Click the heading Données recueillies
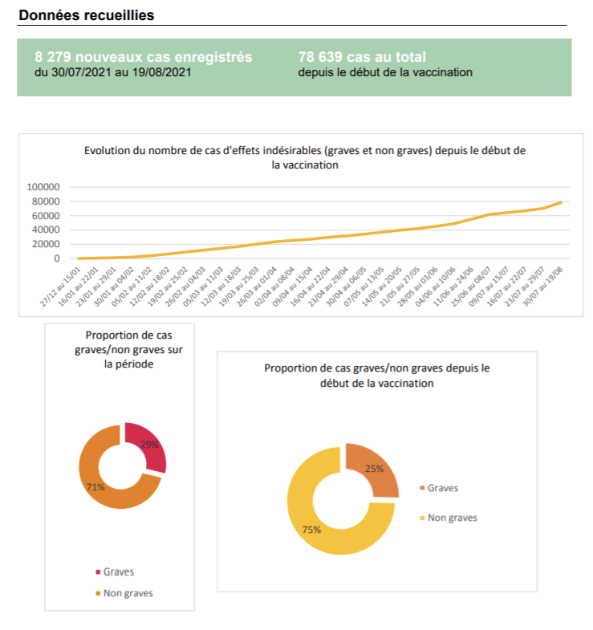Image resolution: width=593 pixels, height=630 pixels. tap(86, 15)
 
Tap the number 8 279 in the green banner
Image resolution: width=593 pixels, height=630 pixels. tap(54, 57)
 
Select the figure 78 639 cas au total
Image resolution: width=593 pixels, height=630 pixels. tap(361, 57)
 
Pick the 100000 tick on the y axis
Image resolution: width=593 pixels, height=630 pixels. tap(44, 186)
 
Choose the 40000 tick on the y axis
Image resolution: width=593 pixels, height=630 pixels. tap(47, 230)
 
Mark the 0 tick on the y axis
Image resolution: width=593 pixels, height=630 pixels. tap(57, 258)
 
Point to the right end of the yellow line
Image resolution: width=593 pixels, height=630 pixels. tap(561, 202)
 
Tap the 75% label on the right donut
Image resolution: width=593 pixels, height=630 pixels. tap(312, 530)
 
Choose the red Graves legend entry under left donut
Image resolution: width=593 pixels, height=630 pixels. tap(118, 572)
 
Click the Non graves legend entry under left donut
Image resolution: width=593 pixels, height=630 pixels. tap(127, 594)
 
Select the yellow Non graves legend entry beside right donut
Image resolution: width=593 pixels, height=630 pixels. tap(452, 518)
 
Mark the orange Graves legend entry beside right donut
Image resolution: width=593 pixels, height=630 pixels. tap(442, 487)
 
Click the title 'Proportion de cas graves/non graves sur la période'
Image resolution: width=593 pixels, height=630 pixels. tap(127, 349)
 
